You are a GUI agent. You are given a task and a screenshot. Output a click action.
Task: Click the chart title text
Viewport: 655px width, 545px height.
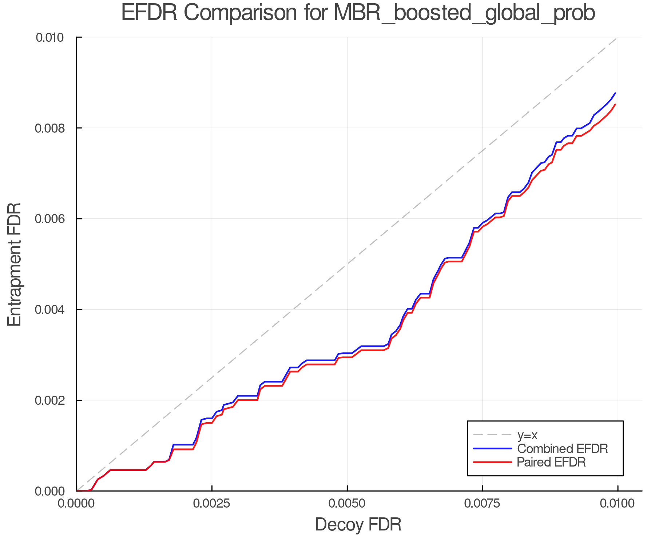coord(358,13)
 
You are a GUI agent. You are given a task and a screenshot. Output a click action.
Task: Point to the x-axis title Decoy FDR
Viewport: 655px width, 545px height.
coord(358,524)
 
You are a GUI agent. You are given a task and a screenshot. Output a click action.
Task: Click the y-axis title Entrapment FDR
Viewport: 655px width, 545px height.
coord(15,264)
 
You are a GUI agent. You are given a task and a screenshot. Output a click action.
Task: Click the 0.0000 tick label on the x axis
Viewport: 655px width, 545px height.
coord(76,504)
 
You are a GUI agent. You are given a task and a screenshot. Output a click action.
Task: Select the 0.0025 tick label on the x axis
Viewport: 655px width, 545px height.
coord(212,504)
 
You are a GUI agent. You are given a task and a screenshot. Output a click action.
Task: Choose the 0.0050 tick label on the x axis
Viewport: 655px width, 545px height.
coord(347,504)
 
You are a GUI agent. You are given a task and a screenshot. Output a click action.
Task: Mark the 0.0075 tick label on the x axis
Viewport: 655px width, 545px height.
coord(483,504)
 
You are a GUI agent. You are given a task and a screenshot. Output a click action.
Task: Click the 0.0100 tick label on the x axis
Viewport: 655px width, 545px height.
coord(618,504)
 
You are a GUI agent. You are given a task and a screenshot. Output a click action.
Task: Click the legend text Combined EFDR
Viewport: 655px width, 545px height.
coord(562,449)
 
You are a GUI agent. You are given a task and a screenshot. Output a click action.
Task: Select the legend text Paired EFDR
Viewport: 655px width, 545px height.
coord(551,462)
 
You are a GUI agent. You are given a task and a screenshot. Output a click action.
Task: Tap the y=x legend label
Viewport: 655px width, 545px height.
coord(527,435)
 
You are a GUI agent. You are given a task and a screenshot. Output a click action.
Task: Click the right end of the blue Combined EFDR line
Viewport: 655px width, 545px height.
coord(615,93)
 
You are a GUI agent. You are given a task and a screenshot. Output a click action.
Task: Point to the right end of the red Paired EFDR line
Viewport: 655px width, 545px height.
coord(615,105)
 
